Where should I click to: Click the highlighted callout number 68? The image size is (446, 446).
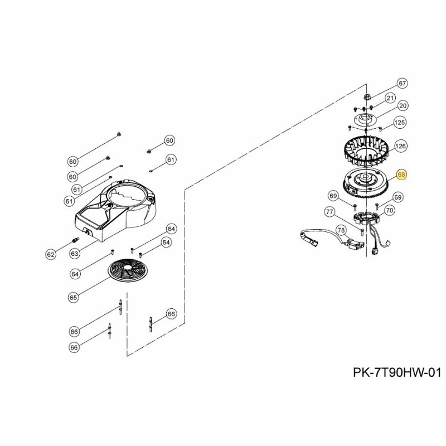[403, 175]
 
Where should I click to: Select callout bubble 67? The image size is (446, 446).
[403, 83]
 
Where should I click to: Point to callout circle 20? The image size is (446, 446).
[403, 105]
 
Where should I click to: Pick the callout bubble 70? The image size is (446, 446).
[390, 210]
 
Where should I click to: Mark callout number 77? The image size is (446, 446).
[329, 211]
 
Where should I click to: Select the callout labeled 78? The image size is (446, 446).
[340, 230]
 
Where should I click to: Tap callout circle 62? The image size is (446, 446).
[51, 254]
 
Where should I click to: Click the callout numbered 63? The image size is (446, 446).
[75, 254]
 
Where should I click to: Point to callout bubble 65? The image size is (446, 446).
[73, 298]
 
